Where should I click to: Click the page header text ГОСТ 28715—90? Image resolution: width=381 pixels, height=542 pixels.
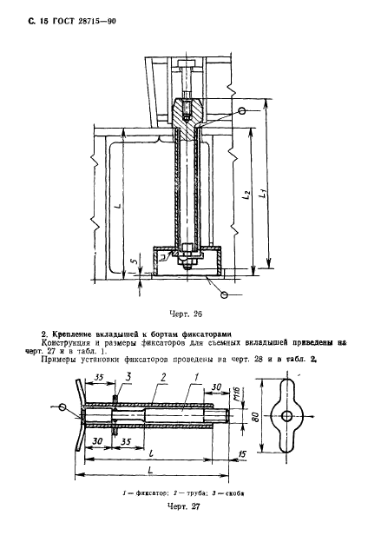coord(84,22)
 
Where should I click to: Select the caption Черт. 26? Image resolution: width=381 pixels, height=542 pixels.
coord(186,314)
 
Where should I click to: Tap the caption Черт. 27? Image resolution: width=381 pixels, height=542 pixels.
coord(183,506)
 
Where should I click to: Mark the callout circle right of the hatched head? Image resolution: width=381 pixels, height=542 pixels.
coord(242,110)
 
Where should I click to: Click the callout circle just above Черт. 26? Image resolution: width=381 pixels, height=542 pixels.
coord(225,294)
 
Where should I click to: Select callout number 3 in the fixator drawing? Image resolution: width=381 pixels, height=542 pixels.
coord(128,376)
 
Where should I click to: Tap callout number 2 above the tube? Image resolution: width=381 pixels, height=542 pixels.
coord(163,377)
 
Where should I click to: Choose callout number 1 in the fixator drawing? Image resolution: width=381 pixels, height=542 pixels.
coord(196,378)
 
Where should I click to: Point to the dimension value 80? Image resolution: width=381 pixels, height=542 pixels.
coord(256,417)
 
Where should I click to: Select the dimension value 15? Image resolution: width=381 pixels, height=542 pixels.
coord(242,454)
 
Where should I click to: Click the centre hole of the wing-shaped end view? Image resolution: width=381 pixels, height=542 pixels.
coord(286,417)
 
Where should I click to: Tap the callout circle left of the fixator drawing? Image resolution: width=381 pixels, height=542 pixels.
coord(62,406)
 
